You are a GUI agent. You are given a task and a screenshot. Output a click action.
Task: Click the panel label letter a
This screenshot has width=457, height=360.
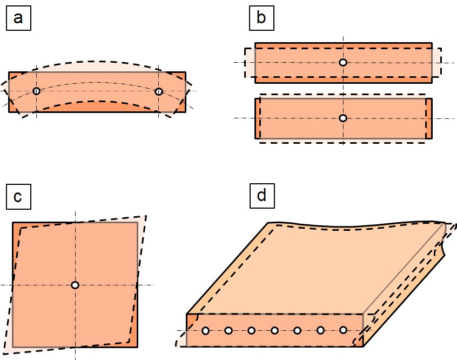click(18, 18)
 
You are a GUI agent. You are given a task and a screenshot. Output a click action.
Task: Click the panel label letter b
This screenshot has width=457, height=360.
click(261, 17)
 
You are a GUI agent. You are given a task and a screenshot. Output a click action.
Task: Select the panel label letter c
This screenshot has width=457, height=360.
click(18, 197)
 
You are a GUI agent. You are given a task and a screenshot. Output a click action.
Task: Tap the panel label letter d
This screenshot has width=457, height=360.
click(262, 195)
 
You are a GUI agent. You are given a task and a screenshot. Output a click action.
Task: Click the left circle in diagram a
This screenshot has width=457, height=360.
click(36, 91)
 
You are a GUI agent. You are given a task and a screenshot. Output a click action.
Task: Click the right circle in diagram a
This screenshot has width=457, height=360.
click(159, 91)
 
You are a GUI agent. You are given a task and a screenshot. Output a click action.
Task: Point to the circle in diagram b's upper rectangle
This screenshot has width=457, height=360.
click(343, 62)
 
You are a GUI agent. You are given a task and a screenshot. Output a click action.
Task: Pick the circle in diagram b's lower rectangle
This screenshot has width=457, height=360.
click(343, 118)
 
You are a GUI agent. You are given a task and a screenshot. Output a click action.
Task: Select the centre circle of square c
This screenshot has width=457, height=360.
click(75, 285)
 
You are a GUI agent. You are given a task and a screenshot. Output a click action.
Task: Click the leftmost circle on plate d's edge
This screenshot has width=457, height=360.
click(205, 330)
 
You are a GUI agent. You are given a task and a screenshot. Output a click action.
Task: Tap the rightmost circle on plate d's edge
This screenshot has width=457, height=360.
click(344, 330)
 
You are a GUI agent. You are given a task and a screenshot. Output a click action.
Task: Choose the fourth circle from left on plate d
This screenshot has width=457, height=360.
click(274, 330)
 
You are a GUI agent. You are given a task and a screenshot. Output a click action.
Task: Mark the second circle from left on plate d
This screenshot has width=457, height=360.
click(228, 330)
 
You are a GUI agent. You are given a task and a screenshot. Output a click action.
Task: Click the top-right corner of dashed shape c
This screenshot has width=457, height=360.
click(146, 216)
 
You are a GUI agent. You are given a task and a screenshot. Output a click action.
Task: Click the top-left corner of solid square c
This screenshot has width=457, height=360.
click(13, 223)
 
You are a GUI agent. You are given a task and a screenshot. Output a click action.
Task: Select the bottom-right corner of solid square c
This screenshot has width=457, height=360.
click(137, 347)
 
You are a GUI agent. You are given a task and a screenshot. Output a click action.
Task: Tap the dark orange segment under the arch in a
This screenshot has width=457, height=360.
click(96, 107)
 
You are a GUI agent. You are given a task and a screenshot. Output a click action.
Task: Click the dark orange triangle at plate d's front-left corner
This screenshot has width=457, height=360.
click(191, 319)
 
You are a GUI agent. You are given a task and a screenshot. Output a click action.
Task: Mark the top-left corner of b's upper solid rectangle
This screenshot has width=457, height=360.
click(256, 43)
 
